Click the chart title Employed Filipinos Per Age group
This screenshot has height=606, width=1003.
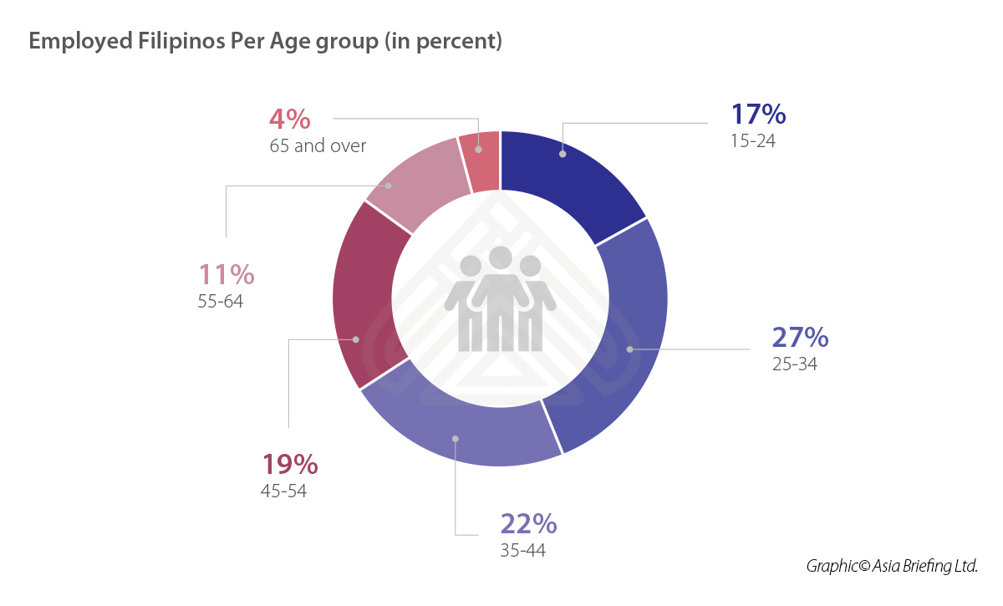tap(265, 42)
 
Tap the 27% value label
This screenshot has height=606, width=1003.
tap(800, 338)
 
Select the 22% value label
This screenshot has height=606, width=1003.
tap(528, 524)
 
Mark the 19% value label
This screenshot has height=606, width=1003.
tap(290, 464)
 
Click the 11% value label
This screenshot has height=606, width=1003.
tap(227, 274)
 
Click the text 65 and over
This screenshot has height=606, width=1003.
tap(318, 145)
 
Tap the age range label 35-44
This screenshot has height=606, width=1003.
tap(522, 550)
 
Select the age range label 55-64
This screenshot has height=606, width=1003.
tap(221, 301)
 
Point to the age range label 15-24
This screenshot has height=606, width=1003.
tap(753, 141)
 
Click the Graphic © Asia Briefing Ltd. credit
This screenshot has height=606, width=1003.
tap(892, 566)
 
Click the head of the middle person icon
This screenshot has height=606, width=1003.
tap(501, 258)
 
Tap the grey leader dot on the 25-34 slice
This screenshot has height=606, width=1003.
tap(629, 349)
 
